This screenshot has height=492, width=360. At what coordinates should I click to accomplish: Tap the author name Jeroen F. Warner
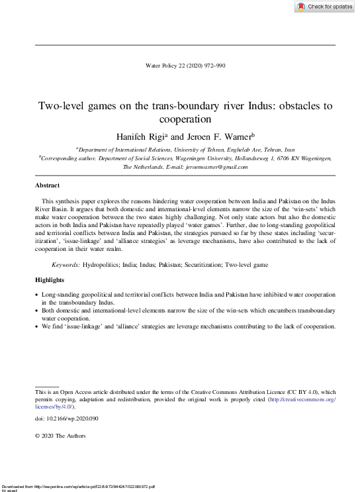coord(214,135)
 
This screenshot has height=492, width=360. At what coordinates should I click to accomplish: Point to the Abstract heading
coord(47,185)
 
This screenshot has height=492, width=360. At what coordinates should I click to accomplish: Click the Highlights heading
coord(50,280)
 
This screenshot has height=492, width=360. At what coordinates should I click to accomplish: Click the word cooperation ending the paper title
coord(185,120)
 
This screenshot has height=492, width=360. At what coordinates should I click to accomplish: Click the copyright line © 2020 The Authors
coord(60,436)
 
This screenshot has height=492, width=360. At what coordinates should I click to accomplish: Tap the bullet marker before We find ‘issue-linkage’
coord(36,325)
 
